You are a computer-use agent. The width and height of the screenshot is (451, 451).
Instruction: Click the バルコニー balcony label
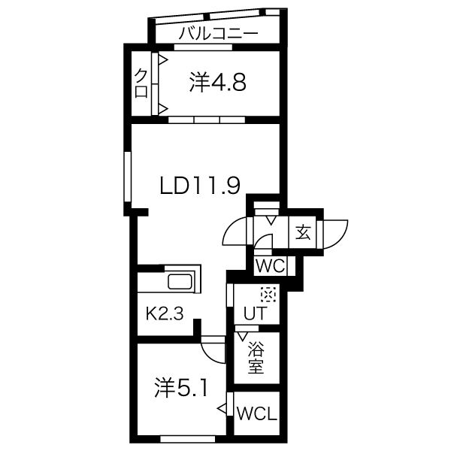point(219,34)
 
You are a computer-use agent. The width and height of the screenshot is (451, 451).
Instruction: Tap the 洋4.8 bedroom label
point(218,83)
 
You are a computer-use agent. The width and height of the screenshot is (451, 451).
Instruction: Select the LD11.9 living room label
point(200,186)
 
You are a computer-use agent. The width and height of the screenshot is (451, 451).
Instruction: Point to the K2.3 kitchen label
point(164,313)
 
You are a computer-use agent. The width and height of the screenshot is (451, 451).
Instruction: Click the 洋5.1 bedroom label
point(180,387)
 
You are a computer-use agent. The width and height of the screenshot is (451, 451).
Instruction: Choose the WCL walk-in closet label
point(257,414)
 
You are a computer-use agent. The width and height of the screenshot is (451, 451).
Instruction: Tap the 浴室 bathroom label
point(256,357)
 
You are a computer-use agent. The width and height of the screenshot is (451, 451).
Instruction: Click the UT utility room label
point(256,313)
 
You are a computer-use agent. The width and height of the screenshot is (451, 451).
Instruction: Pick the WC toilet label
point(271,266)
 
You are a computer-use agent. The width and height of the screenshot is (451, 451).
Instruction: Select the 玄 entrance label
point(303,233)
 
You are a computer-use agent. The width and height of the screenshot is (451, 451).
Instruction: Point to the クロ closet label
point(141,83)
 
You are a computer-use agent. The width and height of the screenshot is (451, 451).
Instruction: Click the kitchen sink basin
point(180,282)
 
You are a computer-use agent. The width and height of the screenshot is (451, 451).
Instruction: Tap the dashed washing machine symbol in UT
point(268,294)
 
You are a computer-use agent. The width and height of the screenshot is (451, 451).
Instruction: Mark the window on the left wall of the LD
point(128,177)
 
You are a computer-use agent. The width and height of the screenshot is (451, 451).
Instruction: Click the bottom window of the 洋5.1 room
point(187,439)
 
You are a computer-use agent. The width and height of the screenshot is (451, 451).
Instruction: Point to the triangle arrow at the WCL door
point(222,408)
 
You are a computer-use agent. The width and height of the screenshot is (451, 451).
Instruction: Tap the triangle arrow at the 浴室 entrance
point(243,336)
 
